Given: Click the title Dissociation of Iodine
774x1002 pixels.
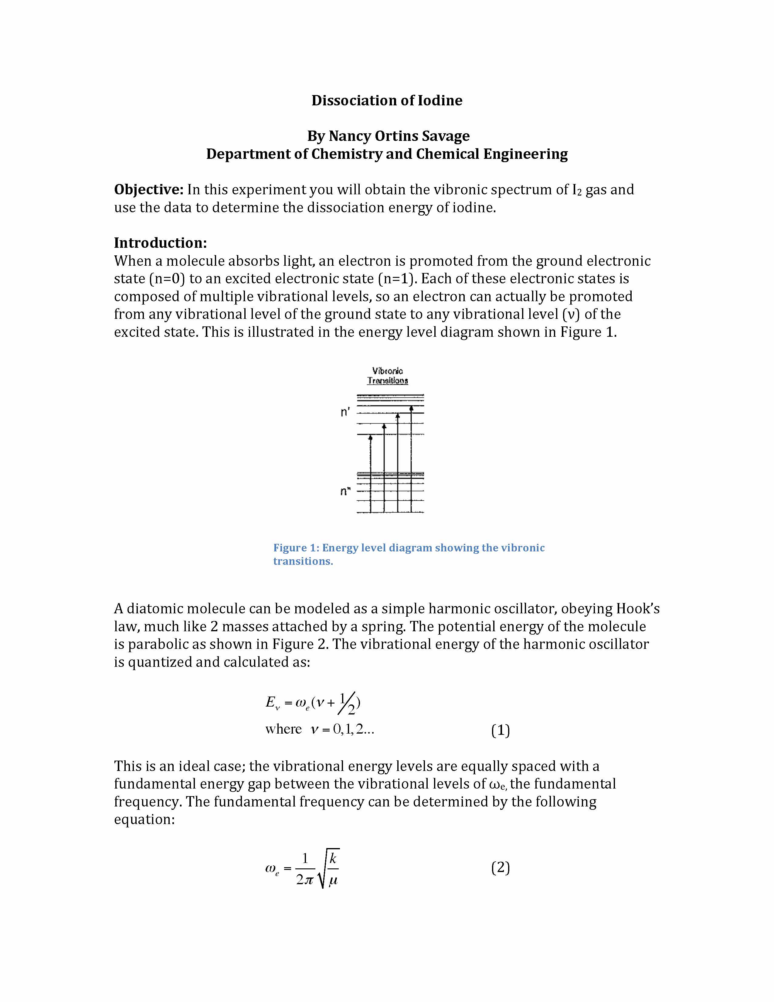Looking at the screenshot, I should tap(386, 101).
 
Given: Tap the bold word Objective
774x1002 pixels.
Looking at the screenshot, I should tap(148, 189).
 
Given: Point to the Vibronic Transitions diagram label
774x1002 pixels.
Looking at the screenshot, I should tap(388, 375).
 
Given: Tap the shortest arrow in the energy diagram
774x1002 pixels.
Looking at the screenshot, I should tap(371, 472).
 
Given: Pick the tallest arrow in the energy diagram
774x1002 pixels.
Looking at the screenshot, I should tap(411, 459).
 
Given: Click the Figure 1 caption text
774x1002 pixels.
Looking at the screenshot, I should tap(409, 554).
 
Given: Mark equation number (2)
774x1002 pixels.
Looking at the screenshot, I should tap(500, 867).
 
